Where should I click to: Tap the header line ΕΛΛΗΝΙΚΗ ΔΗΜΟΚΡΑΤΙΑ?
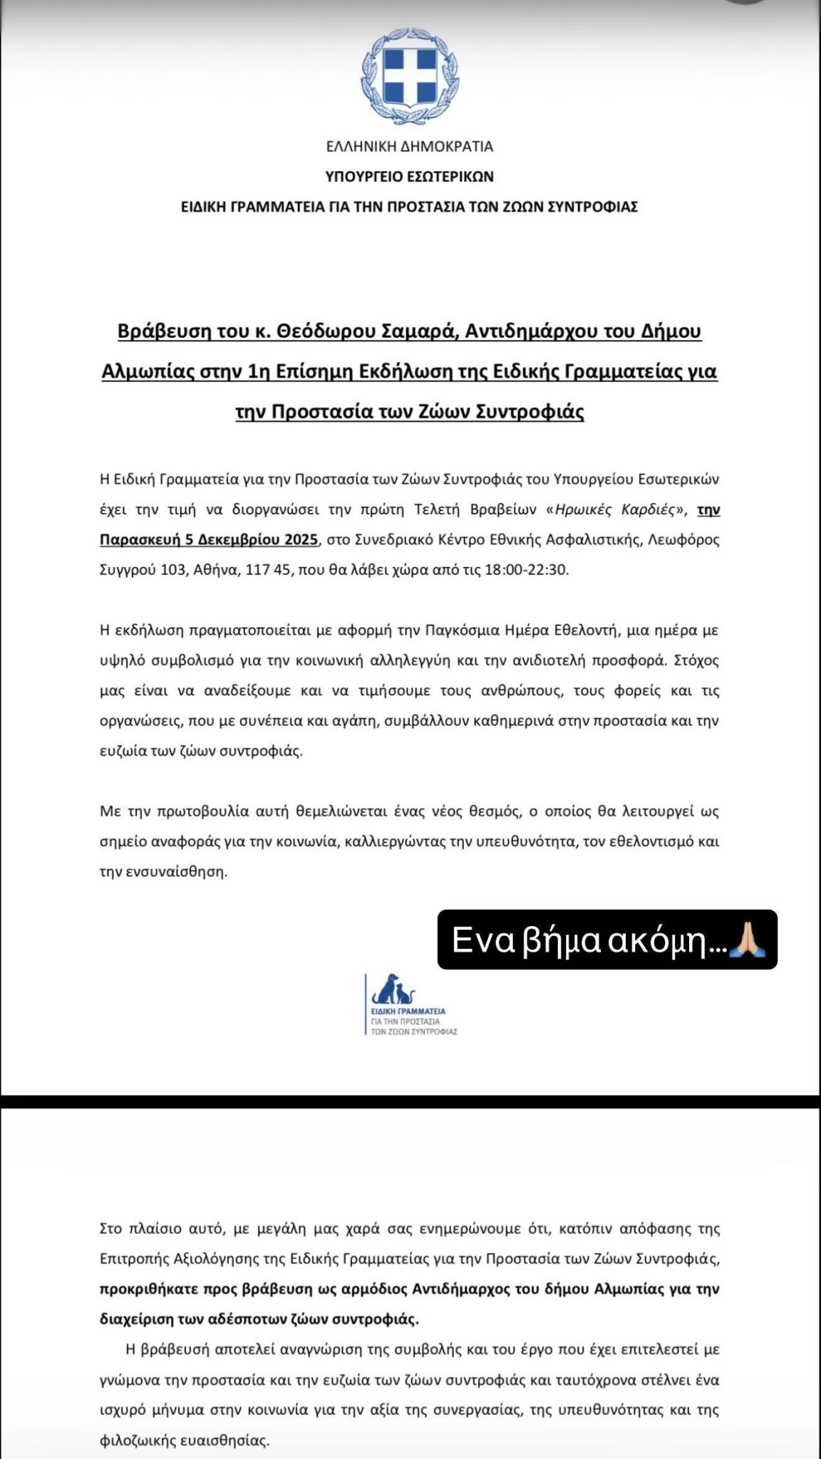click(x=410, y=147)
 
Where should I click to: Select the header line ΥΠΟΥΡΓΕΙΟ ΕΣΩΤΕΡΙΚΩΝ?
click(x=410, y=177)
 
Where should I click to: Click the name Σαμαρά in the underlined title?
click(x=423, y=331)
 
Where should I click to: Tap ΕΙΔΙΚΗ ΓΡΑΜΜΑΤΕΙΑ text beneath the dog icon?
click(x=408, y=1011)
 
